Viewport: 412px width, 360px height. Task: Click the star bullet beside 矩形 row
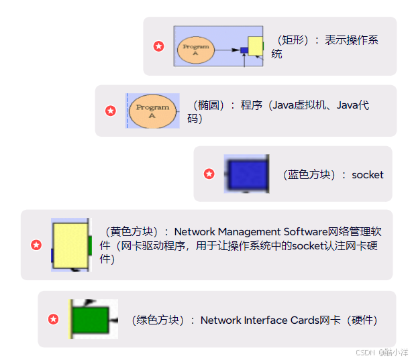click(x=158, y=46)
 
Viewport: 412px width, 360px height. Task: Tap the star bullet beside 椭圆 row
click(x=111, y=111)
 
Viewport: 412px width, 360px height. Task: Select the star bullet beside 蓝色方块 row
click(x=209, y=174)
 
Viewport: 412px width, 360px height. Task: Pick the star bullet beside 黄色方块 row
click(x=36, y=245)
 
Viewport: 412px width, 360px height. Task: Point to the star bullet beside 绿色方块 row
click(x=53, y=319)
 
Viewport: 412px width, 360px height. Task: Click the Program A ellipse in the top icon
click(x=196, y=50)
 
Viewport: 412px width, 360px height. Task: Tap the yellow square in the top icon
click(x=255, y=46)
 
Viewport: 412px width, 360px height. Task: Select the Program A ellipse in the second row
click(x=152, y=111)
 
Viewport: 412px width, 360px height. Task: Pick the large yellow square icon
click(x=70, y=245)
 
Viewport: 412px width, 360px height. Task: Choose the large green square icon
click(x=89, y=318)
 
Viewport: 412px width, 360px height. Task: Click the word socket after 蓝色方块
click(x=368, y=175)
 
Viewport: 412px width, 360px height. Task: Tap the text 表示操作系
click(x=352, y=40)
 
